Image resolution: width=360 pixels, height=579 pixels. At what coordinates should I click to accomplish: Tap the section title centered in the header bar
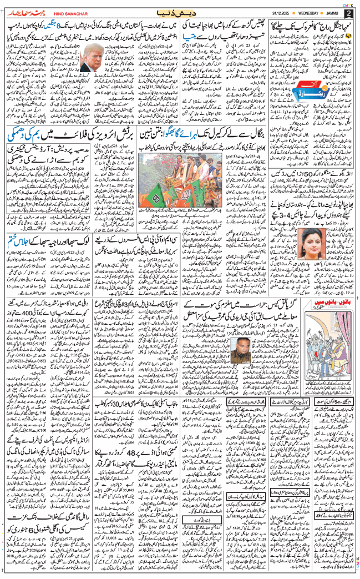tap(180, 12)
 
